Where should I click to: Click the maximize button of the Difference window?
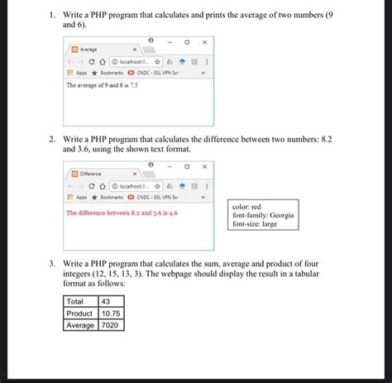pos(187,165)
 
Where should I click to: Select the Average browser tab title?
pos(88,50)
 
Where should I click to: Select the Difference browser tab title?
pos(91,175)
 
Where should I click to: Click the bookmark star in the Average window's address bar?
pos(156,61)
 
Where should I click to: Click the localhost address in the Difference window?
pos(135,186)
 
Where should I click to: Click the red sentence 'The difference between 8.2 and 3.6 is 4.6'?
pos(122,213)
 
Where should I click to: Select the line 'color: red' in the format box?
pos(247,207)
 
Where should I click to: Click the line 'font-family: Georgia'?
pos(262,215)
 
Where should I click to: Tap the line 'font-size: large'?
pos(256,224)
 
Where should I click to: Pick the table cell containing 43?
pos(106,302)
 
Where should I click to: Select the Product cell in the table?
pos(79,314)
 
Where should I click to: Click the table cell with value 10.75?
pos(111,314)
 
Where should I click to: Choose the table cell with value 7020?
pos(109,325)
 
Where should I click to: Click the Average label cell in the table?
pos(80,325)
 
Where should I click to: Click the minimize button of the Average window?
pos(170,41)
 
